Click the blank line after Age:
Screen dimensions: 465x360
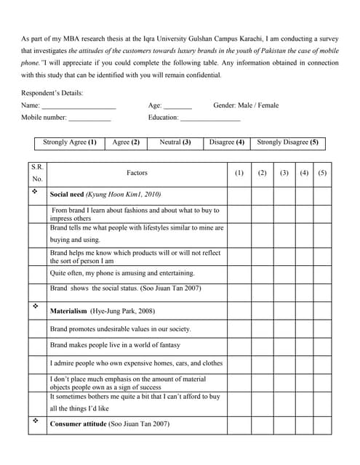coord(177,107)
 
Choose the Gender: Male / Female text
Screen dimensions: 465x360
coord(246,105)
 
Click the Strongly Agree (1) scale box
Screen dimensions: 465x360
coord(70,143)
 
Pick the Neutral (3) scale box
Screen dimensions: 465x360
coord(175,143)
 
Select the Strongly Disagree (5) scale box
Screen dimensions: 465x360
coord(288,143)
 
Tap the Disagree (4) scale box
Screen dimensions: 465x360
coord(226,143)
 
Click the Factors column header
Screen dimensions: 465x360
coord(137,173)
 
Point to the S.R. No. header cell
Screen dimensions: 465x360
coord(38,173)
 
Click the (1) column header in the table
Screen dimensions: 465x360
coord(239,173)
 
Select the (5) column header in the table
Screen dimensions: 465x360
coord(323,173)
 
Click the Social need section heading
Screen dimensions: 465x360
coord(105,195)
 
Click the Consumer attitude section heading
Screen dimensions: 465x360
coord(109,424)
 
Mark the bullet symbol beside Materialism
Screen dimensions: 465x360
coord(34,308)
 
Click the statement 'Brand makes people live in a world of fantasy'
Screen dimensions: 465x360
coord(114,345)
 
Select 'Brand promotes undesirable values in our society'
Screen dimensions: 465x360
coord(120,328)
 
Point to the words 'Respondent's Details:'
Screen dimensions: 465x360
coord(52,93)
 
